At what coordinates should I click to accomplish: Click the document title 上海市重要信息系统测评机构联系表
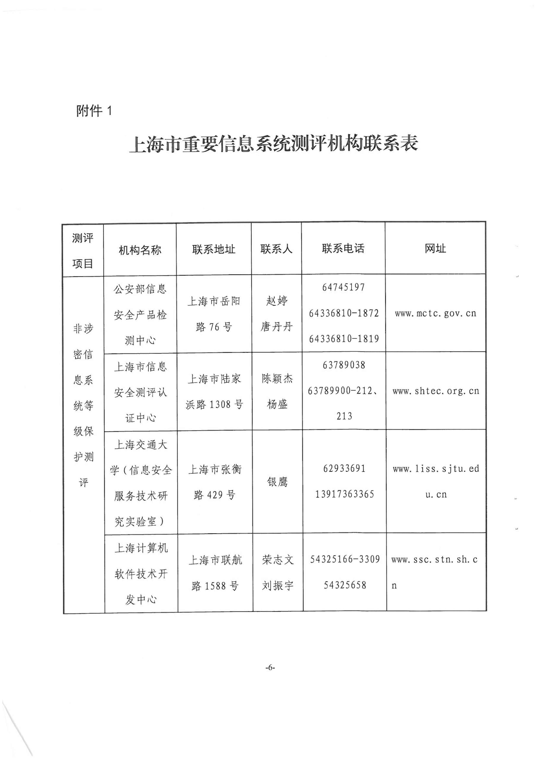pos(274,144)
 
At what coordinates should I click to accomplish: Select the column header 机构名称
pos(140,250)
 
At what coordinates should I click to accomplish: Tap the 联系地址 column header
pos(214,249)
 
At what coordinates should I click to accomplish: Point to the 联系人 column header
pos(276,249)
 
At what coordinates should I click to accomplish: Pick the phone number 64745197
pos(344,287)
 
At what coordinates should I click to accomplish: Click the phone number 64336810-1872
pos(344,313)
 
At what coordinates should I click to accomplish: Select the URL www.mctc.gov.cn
pos(436,313)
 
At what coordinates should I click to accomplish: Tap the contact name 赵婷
pos(277,301)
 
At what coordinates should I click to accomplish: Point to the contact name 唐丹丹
pos(277,326)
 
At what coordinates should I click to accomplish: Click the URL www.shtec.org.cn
pos(436,391)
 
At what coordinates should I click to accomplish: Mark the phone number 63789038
pos(344,365)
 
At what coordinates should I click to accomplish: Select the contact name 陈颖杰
pos(277,378)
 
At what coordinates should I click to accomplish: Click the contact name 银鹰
pos(277,482)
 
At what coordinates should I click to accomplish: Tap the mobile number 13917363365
pos(344,494)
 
